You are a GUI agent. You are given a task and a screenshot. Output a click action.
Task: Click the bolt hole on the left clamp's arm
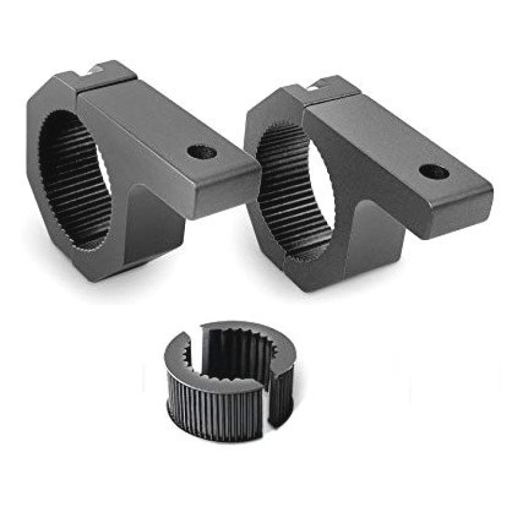[202, 152]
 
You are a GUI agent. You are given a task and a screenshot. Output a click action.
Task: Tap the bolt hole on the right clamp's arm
[433, 172]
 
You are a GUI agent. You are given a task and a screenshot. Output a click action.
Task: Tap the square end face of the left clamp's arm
[228, 195]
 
